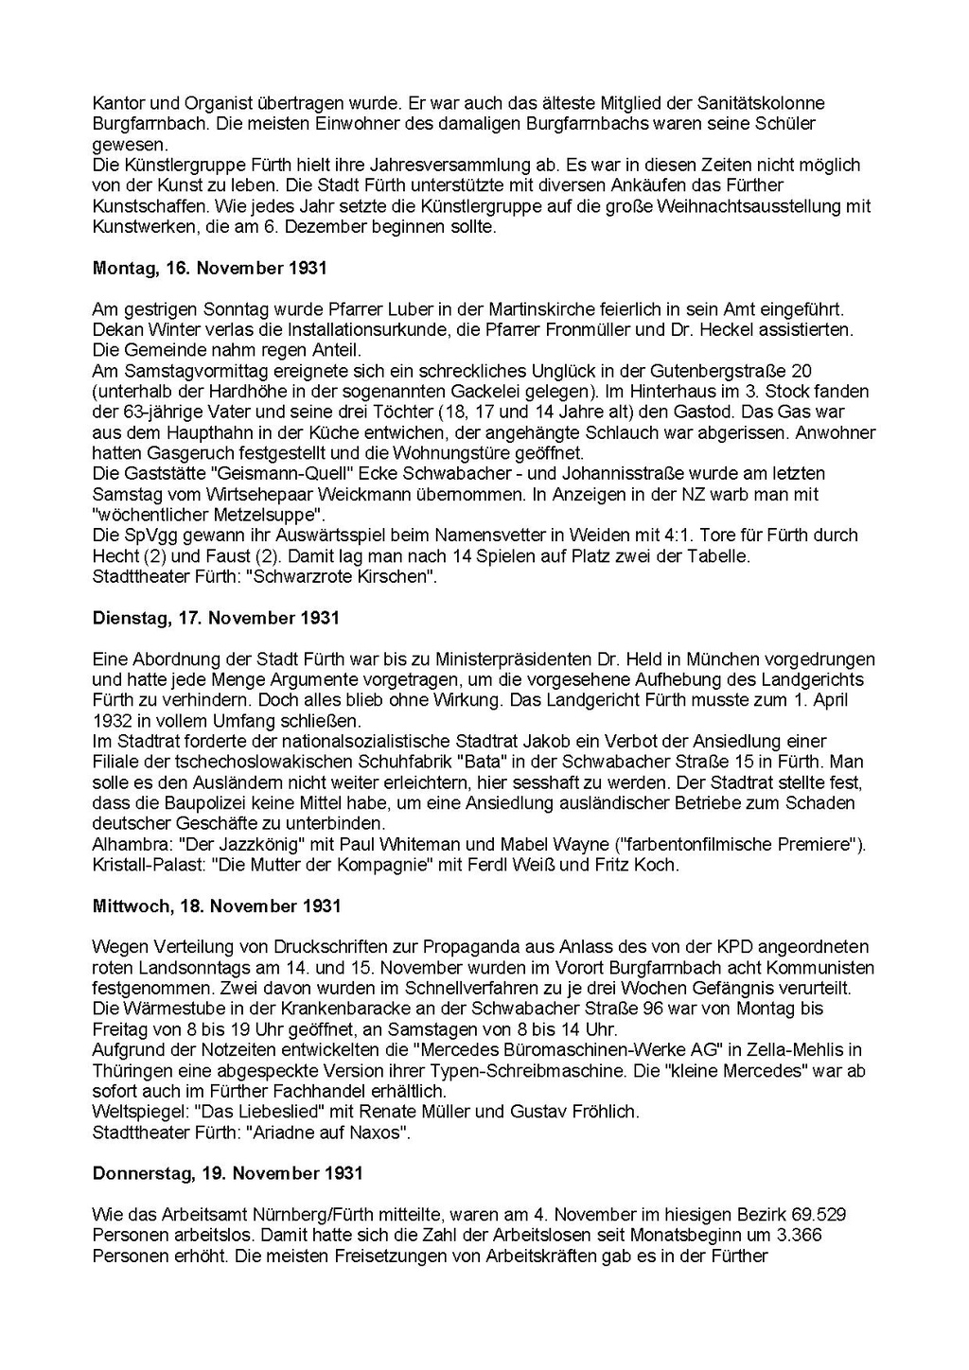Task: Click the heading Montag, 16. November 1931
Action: click(209, 268)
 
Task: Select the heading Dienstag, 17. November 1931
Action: click(216, 618)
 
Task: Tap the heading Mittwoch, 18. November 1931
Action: click(217, 905)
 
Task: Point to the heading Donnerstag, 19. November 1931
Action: click(228, 1173)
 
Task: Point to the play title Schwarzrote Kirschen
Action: click(340, 576)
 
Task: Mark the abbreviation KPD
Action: click(708, 947)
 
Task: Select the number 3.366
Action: click(790, 1236)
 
